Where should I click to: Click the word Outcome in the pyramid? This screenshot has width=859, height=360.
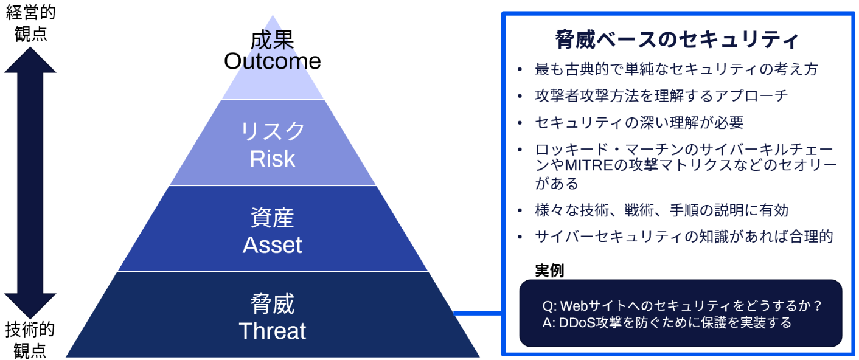pos(273,61)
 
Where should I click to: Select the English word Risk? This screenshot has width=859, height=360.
pos(273,159)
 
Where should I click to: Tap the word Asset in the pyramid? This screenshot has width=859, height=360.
pos(273,244)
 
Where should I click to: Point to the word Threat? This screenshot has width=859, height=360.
pos(273,330)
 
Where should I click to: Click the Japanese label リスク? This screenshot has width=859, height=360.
pos(273,131)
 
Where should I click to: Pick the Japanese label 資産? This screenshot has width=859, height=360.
pos(273,217)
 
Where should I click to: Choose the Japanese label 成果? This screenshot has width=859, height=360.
pos(273,40)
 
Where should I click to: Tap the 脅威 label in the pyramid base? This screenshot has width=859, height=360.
pos(273,303)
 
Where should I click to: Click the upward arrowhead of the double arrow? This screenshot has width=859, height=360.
pos(30,61)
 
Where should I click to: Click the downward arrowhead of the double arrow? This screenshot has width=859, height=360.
pos(30,305)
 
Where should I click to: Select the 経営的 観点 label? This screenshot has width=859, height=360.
pos(30,23)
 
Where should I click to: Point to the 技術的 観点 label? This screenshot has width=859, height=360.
pos(30,340)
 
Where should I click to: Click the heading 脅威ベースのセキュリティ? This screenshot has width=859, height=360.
pos(677,39)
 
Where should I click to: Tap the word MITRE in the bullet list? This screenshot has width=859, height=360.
pos(589,165)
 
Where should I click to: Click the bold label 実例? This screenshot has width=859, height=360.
pos(549,271)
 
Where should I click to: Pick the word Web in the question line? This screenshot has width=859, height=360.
pos(574,306)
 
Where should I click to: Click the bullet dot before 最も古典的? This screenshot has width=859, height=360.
pos(520,69)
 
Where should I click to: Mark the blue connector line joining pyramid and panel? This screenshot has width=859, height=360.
pos(478,313)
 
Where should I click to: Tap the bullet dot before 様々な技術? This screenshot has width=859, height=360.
pos(520,210)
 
